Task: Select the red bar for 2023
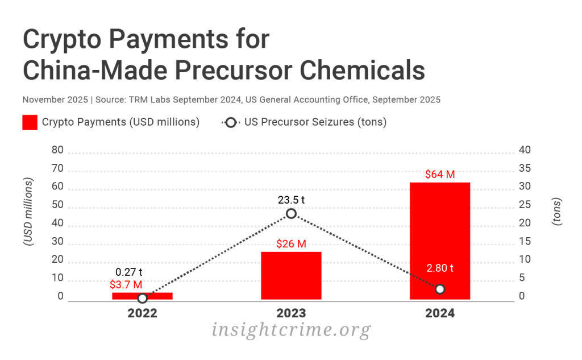[291, 275]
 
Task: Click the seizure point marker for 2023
[291, 213]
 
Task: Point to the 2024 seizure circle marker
[439, 289]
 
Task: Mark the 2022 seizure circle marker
[143, 298]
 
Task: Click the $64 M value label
[439, 174]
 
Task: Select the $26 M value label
[291, 244]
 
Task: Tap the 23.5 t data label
[291, 200]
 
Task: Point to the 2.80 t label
[439, 268]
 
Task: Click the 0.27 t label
[128, 272]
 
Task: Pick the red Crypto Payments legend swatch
[30, 122]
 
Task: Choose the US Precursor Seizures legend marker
[230, 122]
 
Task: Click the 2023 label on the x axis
[291, 313]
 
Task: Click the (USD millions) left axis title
[27, 212]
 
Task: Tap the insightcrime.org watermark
[291, 330]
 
